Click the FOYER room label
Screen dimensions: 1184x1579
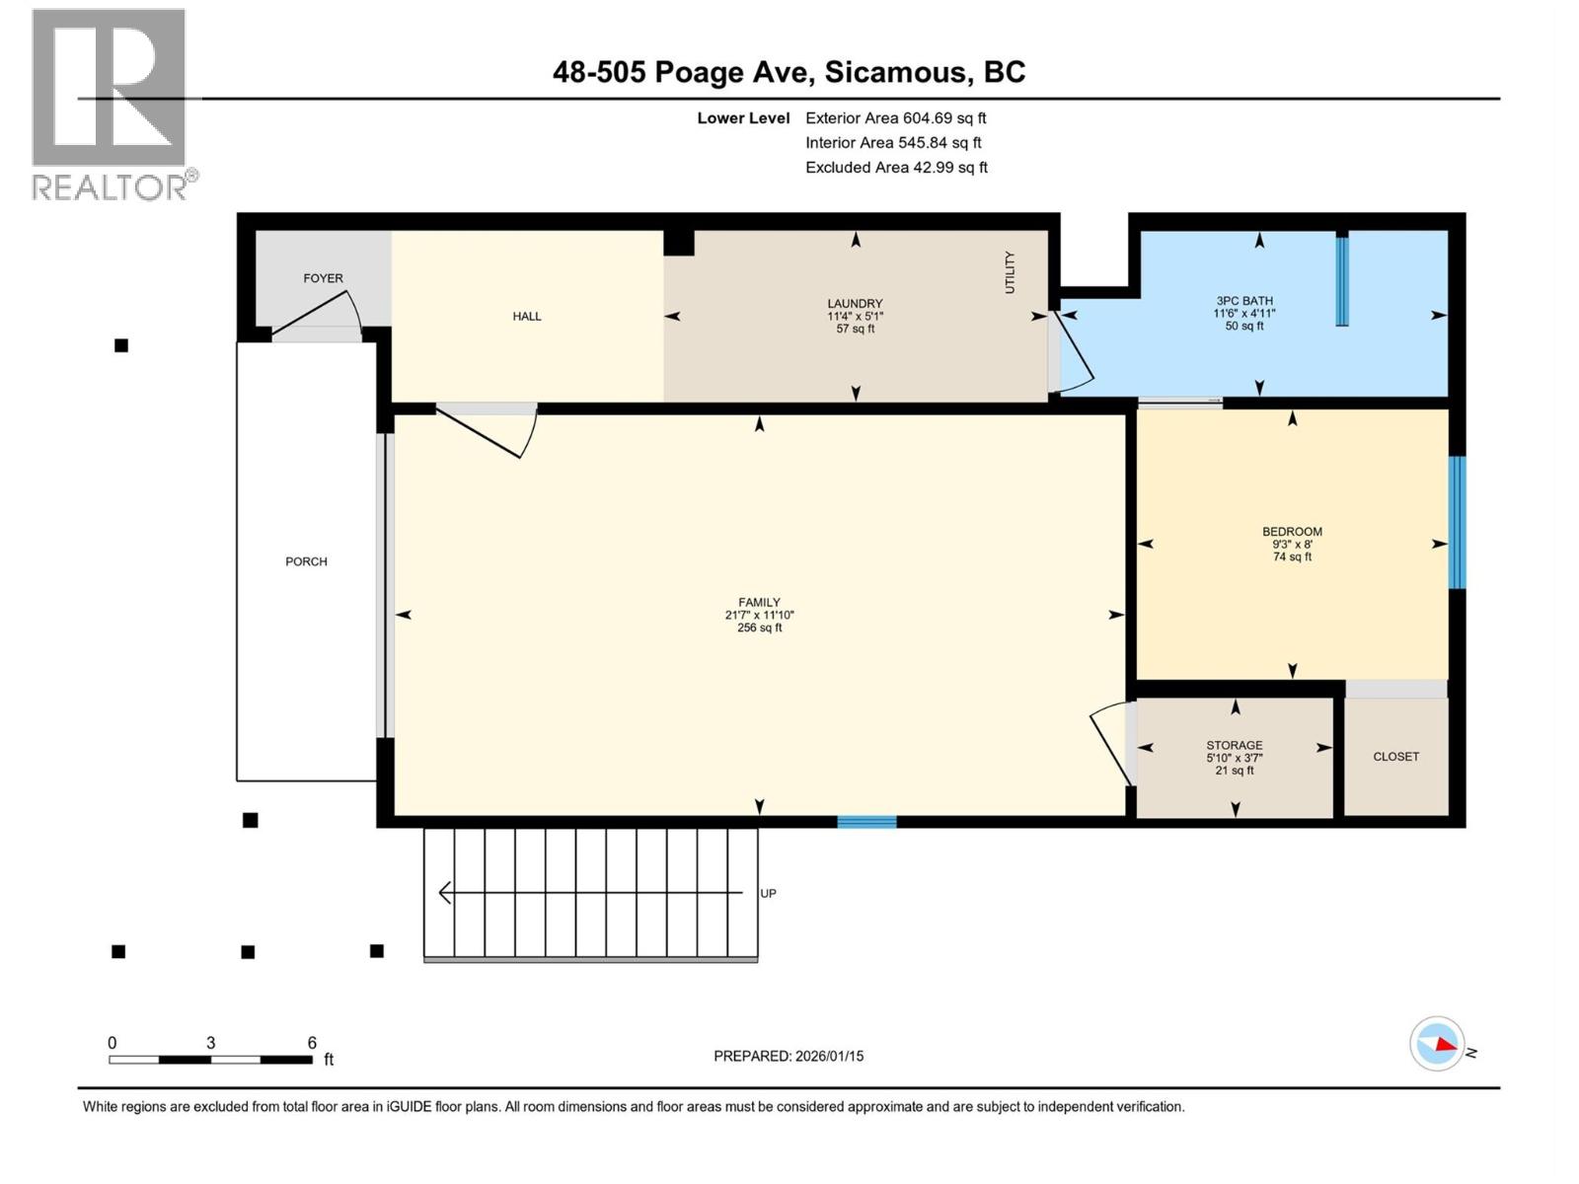click(x=323, y=278)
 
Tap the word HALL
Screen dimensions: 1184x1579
click(x=527, y=316)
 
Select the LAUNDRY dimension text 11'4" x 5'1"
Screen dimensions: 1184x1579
click(x=855, y=316)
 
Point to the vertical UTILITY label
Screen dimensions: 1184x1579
click(x=1010, y=272)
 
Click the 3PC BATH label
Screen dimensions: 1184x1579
click(x=1244, y=301)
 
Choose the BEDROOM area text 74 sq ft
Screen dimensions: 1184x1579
click(x=1292, y=556)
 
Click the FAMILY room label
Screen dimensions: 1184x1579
click(x=759, y=602)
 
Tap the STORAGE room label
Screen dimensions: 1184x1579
click(x=1234, y=745)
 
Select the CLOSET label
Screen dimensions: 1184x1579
click(x=1395, y=757)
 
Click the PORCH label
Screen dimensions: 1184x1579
click(x=306, y=561)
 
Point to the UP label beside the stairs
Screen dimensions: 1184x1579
click(x=768, y=893)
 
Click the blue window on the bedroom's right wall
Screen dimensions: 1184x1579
click(x=1457, y=522)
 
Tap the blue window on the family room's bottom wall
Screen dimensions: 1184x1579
click(x=866, y=821)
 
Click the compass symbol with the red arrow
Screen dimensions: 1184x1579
click(x=1437, y=1044)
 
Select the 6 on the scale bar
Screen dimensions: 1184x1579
click(x=312, y=1043)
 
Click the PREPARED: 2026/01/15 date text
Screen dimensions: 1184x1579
click(x=789, y=1056)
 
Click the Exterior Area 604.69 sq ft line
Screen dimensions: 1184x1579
click(x=895, y=118)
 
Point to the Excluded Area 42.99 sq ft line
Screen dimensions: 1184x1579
click(x=896, y=168)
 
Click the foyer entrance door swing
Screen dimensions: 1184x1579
click(x=321, y=311)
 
